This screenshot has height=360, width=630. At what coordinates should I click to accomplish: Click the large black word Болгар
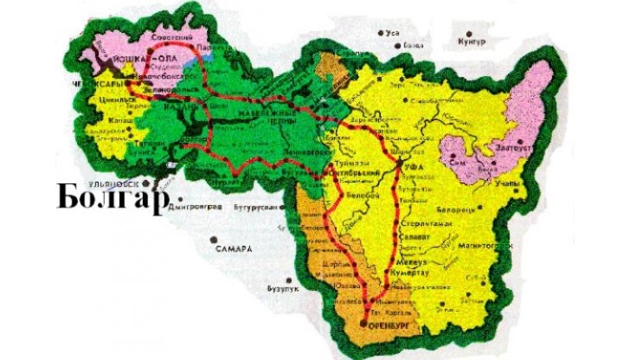111,198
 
